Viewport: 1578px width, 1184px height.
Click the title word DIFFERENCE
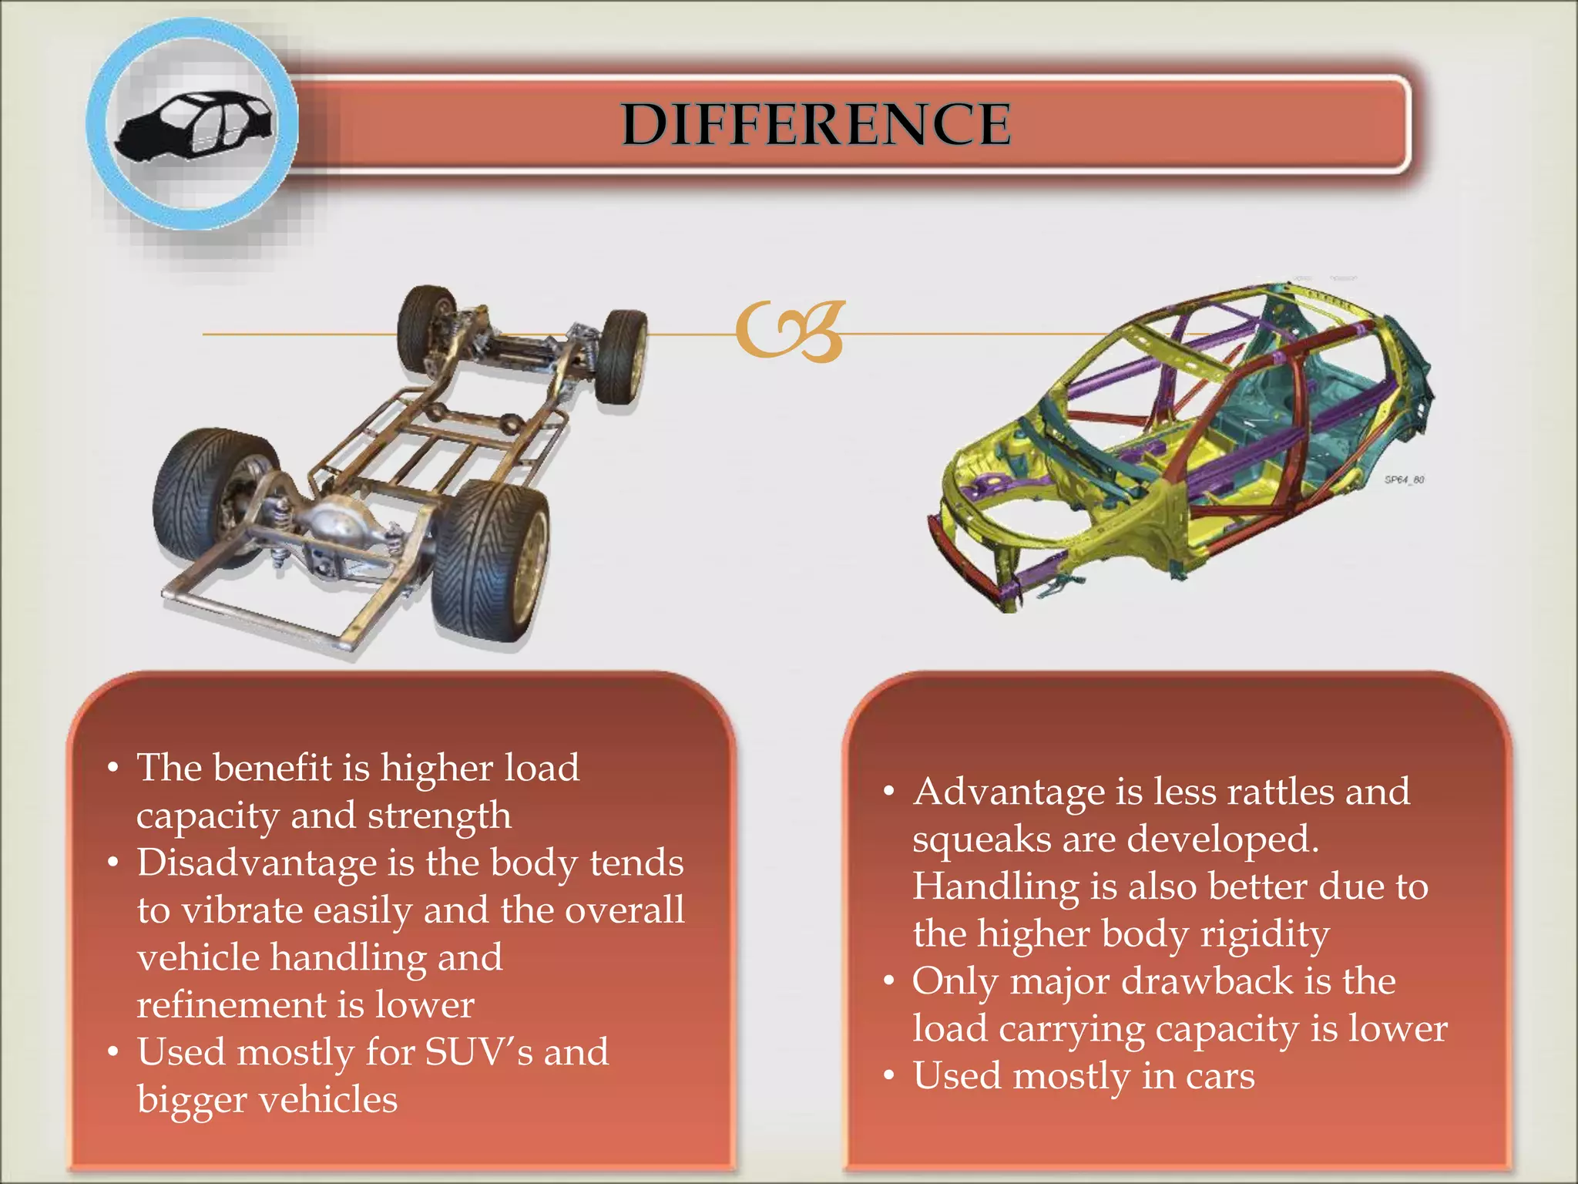816,124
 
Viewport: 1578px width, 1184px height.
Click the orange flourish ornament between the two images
791,331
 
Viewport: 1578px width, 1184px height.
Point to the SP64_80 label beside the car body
1404,479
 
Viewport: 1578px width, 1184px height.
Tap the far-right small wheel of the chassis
623,356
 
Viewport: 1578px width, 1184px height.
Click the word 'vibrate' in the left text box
242,910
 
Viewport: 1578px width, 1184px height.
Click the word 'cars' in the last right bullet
1220,1076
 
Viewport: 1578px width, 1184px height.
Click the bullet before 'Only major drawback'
889,982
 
